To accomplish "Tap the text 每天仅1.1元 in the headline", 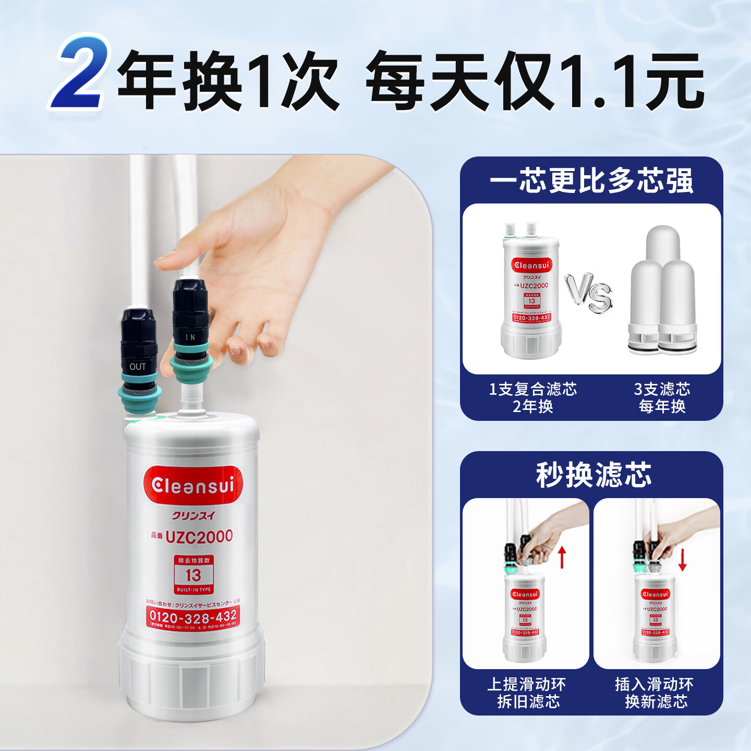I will pyautogui.click(x=535, y=81).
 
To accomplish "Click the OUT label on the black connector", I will pyautogui.click(x=138, y=367).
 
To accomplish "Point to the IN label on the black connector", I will pyautogui.click(x=190, y=337).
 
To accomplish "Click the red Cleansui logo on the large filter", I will pyautogui.click(x=193, y=485).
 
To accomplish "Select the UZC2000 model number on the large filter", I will pyautogui.click(x=199, y=536).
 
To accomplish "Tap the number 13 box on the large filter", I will pyautogui.click(x=193, y=575).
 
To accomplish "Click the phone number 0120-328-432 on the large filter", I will pyautogui.click(x=193, y=616).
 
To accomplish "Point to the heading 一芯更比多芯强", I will pyautogui.click(x=591, y=181).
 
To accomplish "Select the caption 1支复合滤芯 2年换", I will pyautogui.click(x=532, y=397).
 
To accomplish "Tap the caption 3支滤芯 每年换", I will pyautogui.click(x=662, y=397).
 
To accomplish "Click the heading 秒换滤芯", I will pyautogui.click(x=593, y=475).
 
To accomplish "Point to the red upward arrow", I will pyautogui.click(x=562, y=557).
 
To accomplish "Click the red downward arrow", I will pyautogui.click(x=682, y=559).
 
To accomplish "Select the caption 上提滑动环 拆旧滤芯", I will pyautogui.click(x=527, y=693).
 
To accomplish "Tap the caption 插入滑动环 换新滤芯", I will pyautogui.click(x=655, y=693).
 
